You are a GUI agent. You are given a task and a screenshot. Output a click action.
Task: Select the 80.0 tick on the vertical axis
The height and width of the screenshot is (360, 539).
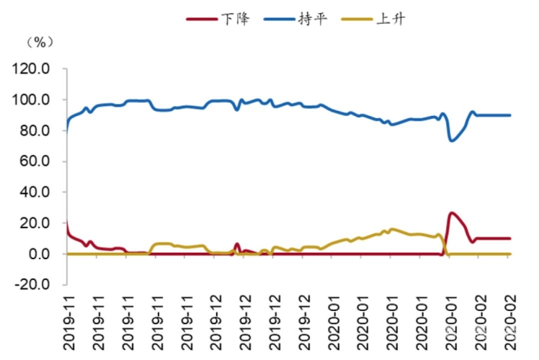(x=37, y=131)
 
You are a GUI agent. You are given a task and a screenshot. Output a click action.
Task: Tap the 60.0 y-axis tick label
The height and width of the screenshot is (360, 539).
(x=37, y=162)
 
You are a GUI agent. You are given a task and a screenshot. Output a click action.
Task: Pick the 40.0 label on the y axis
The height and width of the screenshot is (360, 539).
(x=37, y=193)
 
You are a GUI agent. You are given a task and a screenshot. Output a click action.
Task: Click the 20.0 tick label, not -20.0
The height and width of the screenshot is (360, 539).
(x=37, y=224)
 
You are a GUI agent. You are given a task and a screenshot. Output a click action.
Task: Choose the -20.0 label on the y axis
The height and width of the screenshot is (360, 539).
(x=34, y=285)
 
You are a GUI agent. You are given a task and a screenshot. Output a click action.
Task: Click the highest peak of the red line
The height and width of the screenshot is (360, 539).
(x=452, y=213)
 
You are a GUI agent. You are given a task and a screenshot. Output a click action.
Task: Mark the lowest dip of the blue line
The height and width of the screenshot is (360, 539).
(x=452, y=140)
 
